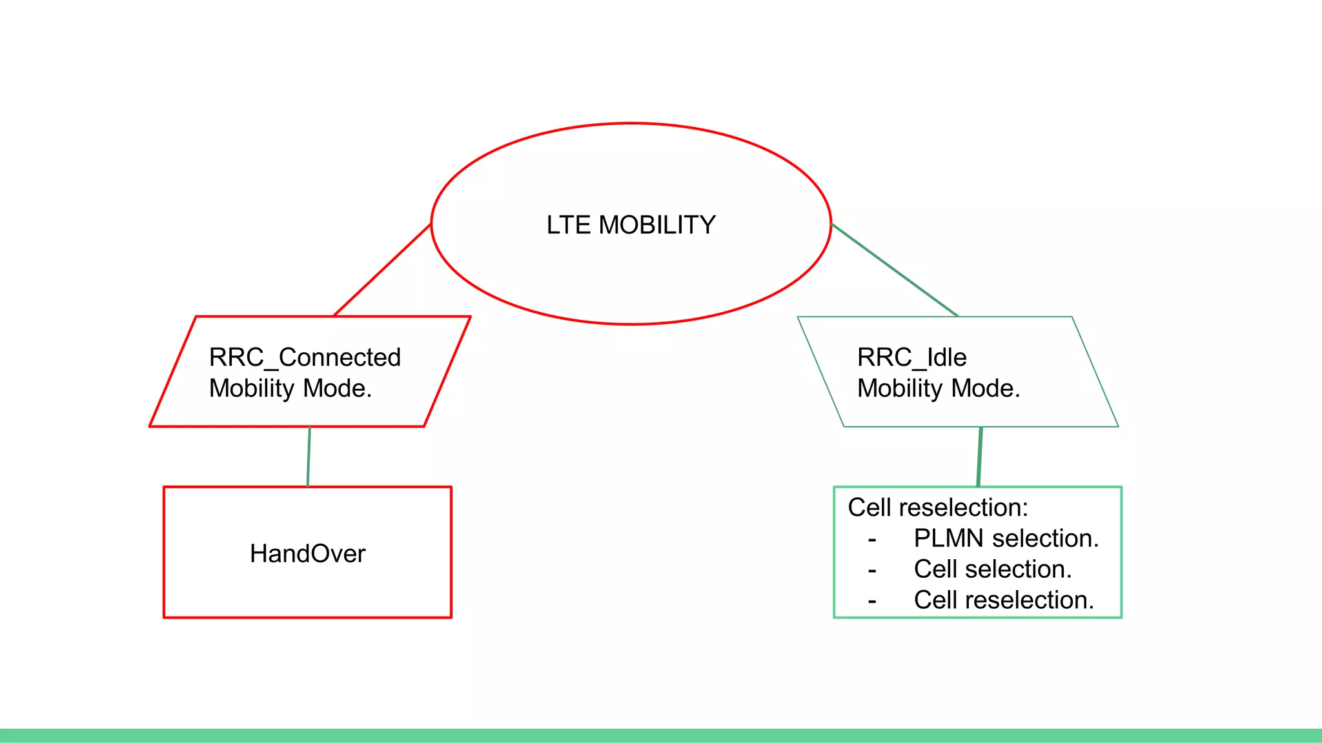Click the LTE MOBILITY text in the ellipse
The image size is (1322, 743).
(631, 225)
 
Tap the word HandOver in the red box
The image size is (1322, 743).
(307, 553)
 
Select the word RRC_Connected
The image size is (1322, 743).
(305, 357)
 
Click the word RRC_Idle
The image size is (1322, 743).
(911, 357)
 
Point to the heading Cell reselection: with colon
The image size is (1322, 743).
(937, 508)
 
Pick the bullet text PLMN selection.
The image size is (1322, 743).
(1006, 539)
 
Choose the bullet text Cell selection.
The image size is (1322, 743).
(992, 570)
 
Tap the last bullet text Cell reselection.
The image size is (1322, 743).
(1004, 600)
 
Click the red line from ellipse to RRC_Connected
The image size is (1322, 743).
(382, 270)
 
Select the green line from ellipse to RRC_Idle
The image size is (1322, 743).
(894, 270)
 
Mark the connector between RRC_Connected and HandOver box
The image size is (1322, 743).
(309, 457)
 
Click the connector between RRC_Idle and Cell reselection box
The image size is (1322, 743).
(980, 457)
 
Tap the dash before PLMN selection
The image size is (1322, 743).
(872, 540)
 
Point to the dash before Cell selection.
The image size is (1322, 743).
(872, 571)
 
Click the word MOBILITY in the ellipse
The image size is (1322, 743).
(657, 225)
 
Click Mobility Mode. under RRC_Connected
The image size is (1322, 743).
(290, 388)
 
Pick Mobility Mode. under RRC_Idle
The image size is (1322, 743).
(939, 388)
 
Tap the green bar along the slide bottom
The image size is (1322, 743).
(661, 735)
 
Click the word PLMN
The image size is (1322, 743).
(948, 539)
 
